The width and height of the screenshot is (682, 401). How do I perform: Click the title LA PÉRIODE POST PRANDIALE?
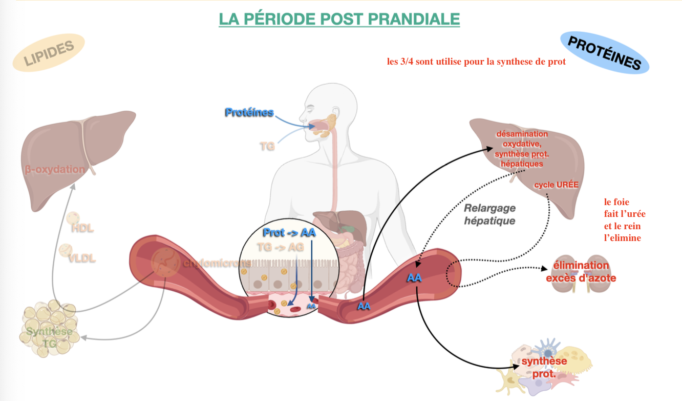339,19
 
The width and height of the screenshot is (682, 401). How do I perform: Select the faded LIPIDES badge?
49,55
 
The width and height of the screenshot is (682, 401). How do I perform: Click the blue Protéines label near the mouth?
249,112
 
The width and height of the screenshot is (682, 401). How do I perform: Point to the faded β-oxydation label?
55,169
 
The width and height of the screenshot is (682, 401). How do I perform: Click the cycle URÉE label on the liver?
556,185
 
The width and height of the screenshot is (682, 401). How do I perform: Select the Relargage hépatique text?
489,214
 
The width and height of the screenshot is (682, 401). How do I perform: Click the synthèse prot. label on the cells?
544,367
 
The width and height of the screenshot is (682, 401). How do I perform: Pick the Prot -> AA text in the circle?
289,232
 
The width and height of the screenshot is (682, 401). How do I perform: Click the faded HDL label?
83,228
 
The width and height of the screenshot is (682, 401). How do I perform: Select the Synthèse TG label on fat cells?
49,337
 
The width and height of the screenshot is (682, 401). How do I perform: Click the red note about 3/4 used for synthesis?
476,62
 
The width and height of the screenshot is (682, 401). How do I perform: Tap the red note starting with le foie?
622,220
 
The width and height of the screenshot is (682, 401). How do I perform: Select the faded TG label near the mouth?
267,146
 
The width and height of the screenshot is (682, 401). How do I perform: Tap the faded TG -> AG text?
280,247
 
